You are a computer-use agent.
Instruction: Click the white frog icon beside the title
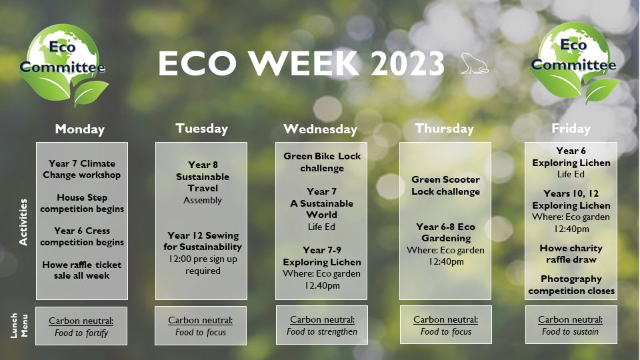click(474, 63)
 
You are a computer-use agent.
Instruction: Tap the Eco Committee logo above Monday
click(63, 65)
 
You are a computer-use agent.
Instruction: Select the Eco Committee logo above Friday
click(573, 63)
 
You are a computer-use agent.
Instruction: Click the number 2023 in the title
click(407, 64)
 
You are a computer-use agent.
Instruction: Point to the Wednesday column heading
click(321, 129)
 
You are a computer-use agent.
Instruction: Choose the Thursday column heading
click(445, 129)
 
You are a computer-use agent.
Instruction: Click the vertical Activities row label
click(23, 222)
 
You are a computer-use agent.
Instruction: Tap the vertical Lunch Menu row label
click(19, 325)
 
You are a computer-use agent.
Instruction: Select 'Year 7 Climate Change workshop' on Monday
click(81, 169)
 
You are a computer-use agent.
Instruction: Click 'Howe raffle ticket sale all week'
click(81, 270)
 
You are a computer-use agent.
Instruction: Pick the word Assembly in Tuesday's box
click(203, 201)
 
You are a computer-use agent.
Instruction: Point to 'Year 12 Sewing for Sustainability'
click(203, 241)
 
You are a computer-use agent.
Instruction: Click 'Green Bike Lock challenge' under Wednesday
click(322, 162)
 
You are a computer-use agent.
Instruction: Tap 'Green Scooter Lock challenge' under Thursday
click(446, 185)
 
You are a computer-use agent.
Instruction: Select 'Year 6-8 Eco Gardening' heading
click(446, 232)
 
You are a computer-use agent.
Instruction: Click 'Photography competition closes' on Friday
click(571, 285)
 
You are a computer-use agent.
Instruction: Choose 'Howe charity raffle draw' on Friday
click(571, 254)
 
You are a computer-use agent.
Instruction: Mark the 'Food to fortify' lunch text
click(81, 333)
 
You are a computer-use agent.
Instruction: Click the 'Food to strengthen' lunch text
click(321, 332)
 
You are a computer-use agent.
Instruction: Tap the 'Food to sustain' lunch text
click(570, 332)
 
